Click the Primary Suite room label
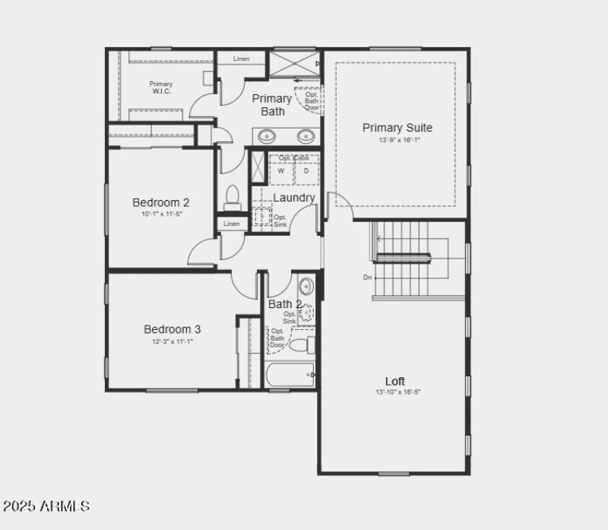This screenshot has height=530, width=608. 397,128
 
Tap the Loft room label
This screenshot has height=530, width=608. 395,381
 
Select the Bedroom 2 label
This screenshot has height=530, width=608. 160,202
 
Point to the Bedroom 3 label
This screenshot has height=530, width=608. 173,329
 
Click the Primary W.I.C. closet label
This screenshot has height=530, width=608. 160,87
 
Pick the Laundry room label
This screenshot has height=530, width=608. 293,198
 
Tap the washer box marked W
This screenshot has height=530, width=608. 280,171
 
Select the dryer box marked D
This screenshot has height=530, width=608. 306,171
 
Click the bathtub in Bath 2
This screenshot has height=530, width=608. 290,374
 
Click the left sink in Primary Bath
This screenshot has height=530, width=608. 267,136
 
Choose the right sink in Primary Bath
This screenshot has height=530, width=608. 306,136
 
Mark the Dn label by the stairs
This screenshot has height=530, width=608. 367,278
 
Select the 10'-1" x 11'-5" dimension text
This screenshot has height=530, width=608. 162,214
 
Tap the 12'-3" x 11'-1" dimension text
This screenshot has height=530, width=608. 173,341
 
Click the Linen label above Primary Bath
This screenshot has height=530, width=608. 241,59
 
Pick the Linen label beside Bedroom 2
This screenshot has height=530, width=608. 232,224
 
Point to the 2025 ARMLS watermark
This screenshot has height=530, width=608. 46,506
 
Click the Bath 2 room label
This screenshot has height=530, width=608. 285,304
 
